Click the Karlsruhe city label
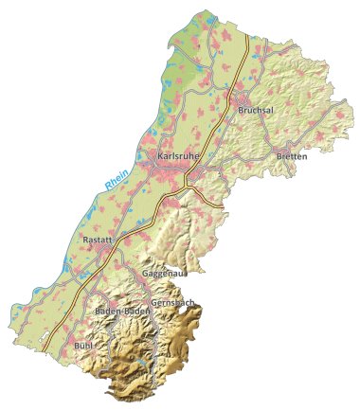(x=177, y=156)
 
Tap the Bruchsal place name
(x=255, y=111)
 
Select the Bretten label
(x=291, y=155)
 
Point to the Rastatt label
(x=99, y=241)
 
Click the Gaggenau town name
(x=164, y=274)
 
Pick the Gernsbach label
(x=172, y=303)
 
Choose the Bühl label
(x=83, y=347)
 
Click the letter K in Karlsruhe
(x=160, y=156)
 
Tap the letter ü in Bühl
(x=81, y=347)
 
